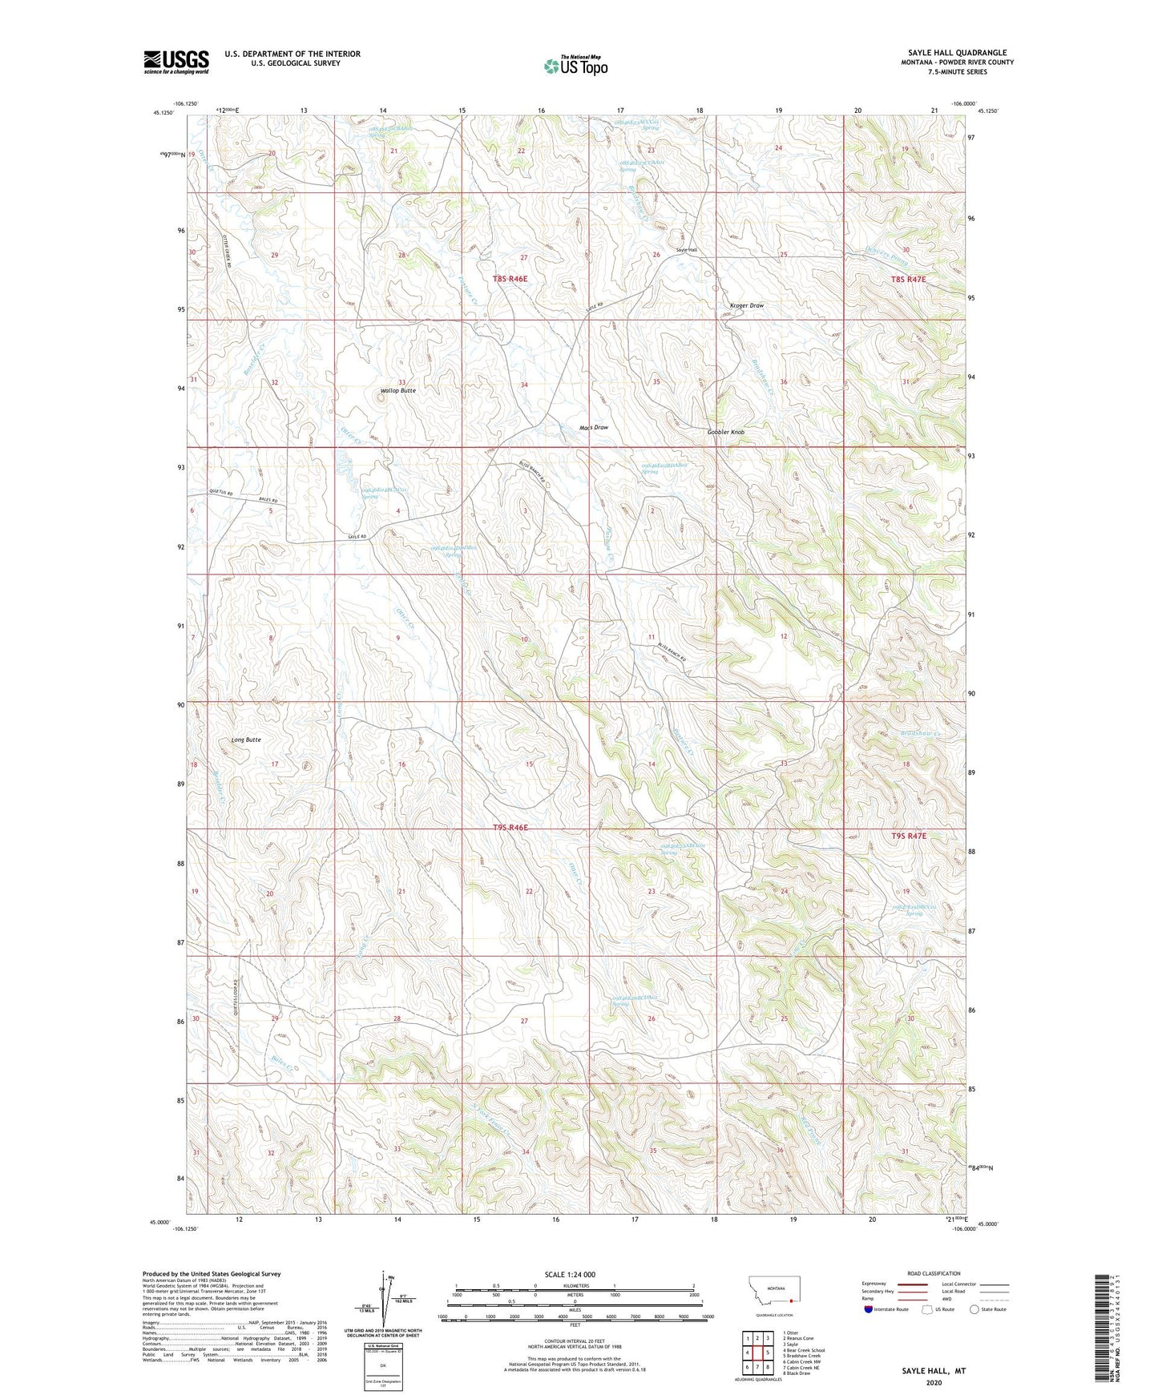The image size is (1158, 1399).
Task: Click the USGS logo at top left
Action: pyautogui.click(x=176, y=62)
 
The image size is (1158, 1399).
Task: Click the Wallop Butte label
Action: pyautogui.click(x=397, y=390)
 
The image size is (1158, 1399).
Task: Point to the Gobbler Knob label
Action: pyautogui.click(x=725, y=432)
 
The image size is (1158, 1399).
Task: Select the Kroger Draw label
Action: pyautogui.click(x=746, y=305)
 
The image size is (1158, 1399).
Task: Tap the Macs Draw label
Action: pyautogui.click(x=594, y=427)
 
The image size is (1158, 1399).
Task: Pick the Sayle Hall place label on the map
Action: pyautogui.click(x=687, y=250)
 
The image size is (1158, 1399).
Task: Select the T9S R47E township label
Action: pyautogui.click(x=908, y=836)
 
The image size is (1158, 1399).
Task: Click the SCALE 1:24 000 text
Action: pyautogui.click(x=575, y=1274)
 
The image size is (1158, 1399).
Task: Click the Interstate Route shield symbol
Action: pyautogui.click(x=869, y=1309)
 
